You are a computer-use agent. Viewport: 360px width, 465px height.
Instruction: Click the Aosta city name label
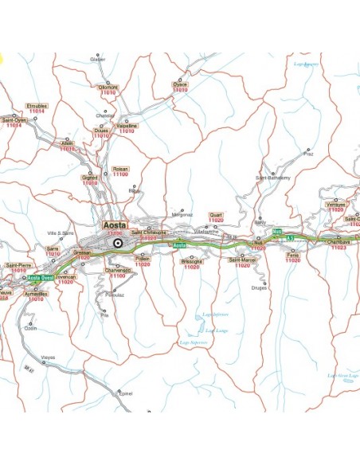pos(115,225)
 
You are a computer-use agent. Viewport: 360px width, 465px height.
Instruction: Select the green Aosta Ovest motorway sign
pos(41,277)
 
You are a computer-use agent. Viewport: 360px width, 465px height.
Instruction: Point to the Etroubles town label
pos(37,105)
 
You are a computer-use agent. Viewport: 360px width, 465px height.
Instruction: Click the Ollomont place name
pos(108,87)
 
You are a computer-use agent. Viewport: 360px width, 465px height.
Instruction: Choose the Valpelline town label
pos(127,125)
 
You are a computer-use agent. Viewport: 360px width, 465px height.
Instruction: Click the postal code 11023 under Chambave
pos(339,248)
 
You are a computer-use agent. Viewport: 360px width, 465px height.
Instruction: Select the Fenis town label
pos(293,255)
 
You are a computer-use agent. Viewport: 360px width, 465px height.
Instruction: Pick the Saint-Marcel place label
pos(242,260)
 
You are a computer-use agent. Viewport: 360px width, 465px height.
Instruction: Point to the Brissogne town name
pos(192,260)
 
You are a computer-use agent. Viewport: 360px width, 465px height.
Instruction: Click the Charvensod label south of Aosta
pos(117,269)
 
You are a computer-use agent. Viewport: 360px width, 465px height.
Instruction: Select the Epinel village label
pos(124,393)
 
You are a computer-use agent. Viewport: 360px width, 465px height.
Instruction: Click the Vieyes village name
pos(49,358)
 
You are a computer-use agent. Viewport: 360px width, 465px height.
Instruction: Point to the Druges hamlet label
pos(259,287)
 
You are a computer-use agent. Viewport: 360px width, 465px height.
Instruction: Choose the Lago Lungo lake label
pos(217,330)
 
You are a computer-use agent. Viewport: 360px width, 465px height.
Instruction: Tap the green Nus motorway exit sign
pos(277,231)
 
